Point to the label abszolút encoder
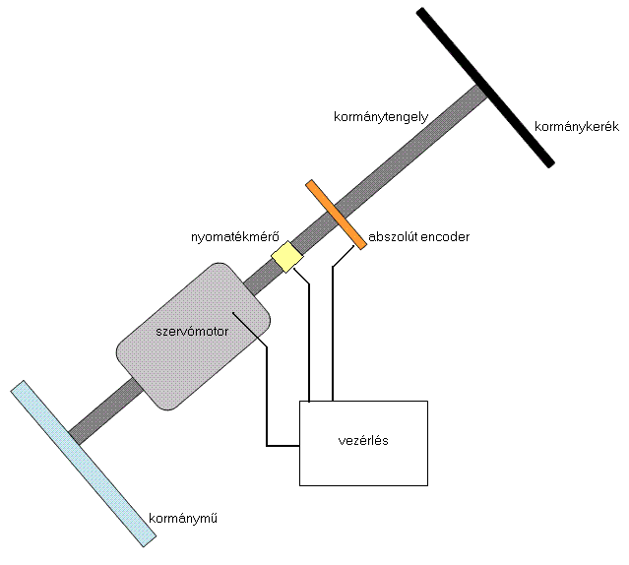point(419,237)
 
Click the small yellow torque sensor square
point(286,257)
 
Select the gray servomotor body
point(193,335)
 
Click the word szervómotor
point(193,332)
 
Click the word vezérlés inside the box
point(363,440)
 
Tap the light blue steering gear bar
point(84,462)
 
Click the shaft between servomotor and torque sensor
point(259,280)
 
